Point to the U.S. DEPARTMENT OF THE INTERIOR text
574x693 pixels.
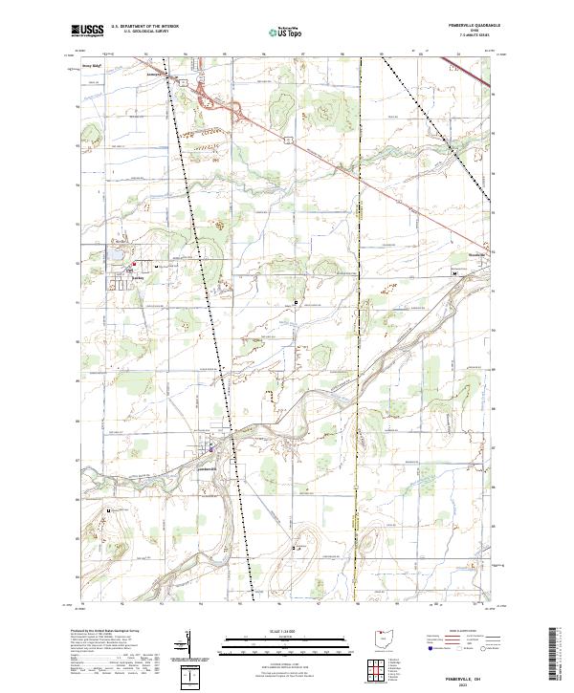(145, 28)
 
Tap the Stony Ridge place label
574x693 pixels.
(93, 66)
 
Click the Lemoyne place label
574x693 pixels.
(156, 72)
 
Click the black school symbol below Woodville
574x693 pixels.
(453, 273)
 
